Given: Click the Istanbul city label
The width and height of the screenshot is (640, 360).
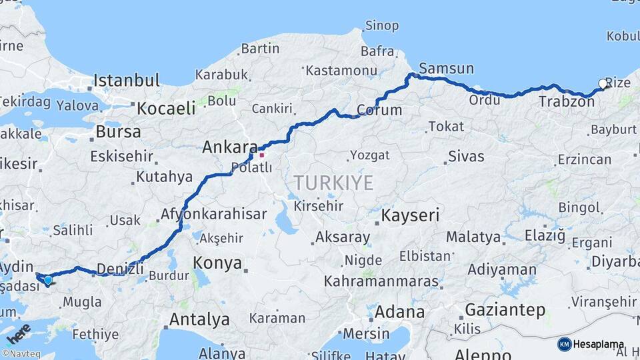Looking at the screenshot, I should click(x=126, y=81).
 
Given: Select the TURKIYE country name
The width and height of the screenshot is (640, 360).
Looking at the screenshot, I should click(x=333, y=183).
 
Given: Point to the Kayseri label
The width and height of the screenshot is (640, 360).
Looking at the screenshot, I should click(x=410, y=215).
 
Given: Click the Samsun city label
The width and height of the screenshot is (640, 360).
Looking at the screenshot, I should click(x=446, y=69).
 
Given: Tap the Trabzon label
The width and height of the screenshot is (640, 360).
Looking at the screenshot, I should click(x=566, y=102).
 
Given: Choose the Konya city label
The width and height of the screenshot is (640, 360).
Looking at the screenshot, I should click(x=217, y=263).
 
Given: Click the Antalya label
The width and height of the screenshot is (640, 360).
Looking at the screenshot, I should click(x=199, y=319).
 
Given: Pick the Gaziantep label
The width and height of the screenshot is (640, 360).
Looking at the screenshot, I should click(x=505, y=310).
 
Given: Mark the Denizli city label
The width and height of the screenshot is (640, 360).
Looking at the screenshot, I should click(x=120, y=269).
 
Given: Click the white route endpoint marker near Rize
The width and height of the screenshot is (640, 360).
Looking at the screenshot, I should click(x=603, y=84).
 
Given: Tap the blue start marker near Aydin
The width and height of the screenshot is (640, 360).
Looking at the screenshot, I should click(x=47, y=280).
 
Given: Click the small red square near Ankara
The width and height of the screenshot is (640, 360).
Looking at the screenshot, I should click(x=262, y=155).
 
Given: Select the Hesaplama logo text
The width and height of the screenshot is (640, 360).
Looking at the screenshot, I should click(x=598, y=345).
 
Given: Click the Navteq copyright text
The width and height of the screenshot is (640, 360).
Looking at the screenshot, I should click(x=22, y=353).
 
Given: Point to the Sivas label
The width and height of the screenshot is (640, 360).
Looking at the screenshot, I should click(x=466, y=157).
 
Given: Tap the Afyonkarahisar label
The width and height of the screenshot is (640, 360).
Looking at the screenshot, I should click(x=213, y=215).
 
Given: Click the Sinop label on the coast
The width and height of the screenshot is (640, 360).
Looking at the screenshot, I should click(x=381, y=26).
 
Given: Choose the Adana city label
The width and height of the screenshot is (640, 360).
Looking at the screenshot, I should click(x=399, y=311).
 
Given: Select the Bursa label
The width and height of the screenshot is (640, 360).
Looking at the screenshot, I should click(x=118, y=131).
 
